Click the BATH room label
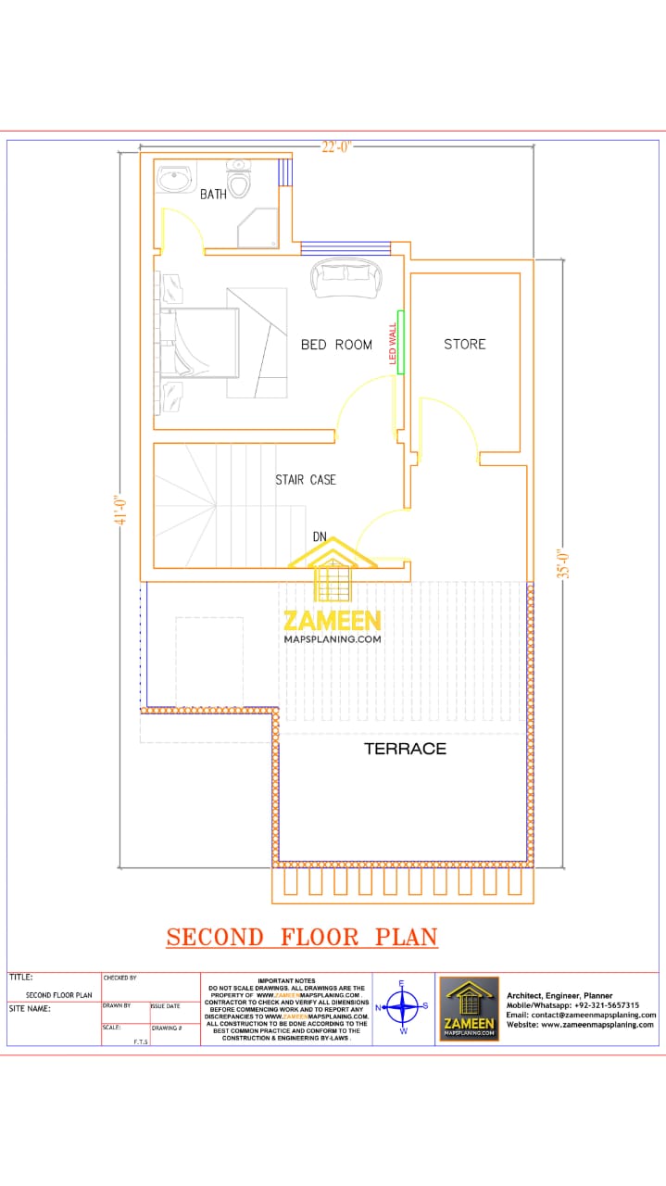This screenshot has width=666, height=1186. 213,195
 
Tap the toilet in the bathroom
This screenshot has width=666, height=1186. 239,180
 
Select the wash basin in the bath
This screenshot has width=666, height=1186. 173,179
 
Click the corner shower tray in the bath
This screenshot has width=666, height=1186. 258,228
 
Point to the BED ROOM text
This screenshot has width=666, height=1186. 336,345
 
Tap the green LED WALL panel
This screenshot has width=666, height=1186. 401,341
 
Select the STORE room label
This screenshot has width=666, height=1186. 464,344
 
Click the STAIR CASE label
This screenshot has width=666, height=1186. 305,480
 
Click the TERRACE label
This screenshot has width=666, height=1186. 405,749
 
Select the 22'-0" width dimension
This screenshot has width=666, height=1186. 336,146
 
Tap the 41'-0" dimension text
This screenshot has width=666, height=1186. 119,511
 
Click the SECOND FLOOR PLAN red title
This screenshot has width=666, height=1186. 302,937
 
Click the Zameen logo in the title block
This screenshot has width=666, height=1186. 469,1008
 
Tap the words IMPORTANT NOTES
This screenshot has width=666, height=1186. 286,980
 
